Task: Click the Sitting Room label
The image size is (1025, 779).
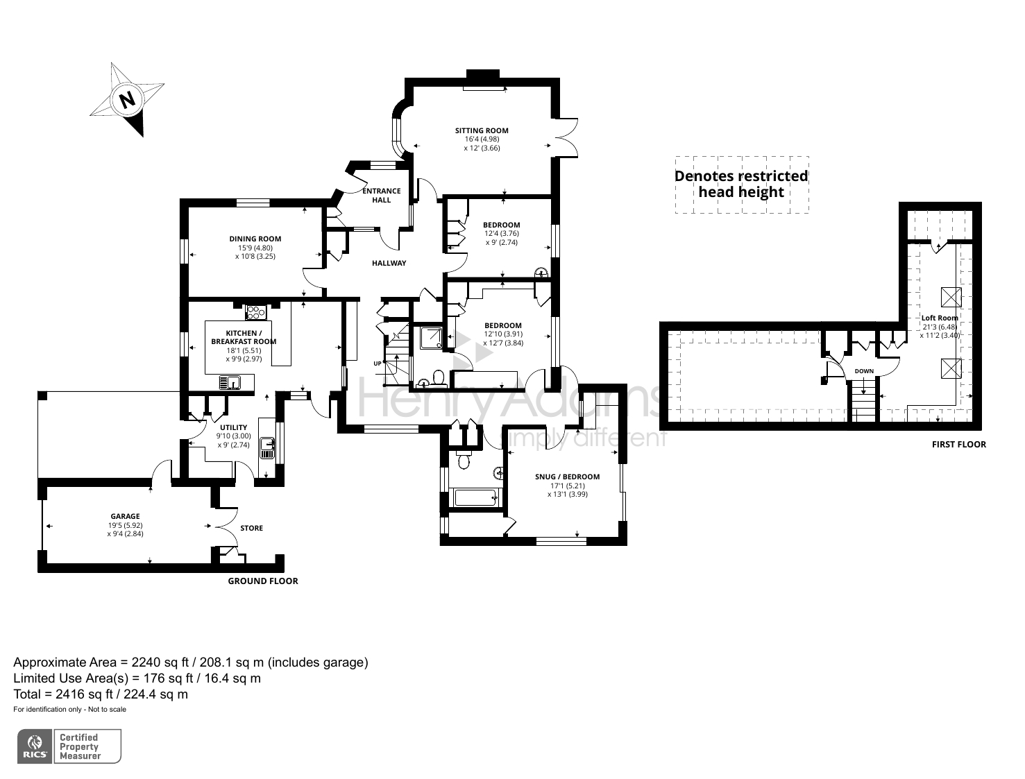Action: pyautogui.click(x=482, y=130)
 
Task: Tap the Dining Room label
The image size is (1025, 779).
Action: pyautogui.click(x=255, y=239)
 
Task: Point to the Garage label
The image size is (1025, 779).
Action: pyautogui.click(x=125, y=516)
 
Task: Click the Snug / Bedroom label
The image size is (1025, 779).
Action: pyautogui.click(x=567, y=477)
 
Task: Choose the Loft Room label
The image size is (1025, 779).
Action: pyautogui.click(x=940, y=318)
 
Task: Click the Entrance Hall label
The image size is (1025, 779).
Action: pyautogui.click(x=382, y=195)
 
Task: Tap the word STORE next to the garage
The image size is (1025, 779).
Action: pyautogui.click(x=251, y=528)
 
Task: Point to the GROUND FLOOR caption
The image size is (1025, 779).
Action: pyautogui.click(x=263, y=581)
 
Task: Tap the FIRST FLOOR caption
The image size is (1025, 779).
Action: pyautogui.click(x=958, y=444)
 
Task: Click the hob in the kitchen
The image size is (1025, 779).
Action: pyautogui.click(x=255, y=313)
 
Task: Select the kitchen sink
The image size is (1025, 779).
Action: pyautogui.click(x=229, y=382)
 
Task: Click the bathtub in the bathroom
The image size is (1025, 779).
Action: pyautogui.click(x=474, y=497)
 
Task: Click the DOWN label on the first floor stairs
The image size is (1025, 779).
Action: pyautogui.click(x=864, y=371)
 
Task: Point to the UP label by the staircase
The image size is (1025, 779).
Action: pyautogui.click(x=377, y=363)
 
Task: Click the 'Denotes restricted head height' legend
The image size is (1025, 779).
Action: pyautogui.click(x=741, y=185)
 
